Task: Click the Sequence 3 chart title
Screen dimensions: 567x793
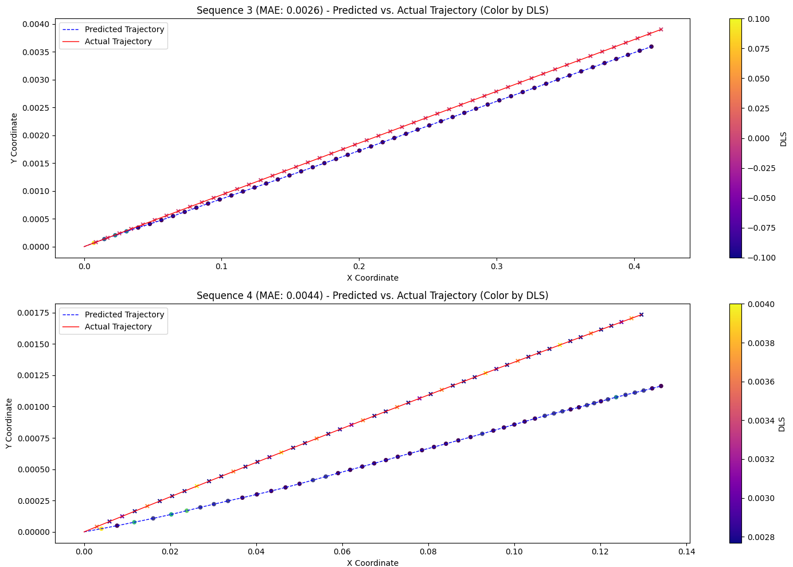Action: pyautogui.click(x=372, y=10)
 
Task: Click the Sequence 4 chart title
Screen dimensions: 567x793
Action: pyautogui.click(x=372, y=296)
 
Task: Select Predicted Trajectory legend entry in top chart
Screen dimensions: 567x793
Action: pyautogui.click(x=124, y=29)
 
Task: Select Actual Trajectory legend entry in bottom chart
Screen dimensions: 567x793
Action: pyautogui.click(x=118, y=327)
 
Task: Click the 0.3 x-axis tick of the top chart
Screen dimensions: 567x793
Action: pyautogui.click(x=497, y=267)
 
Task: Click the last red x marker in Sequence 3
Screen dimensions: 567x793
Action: pyautogui.click(x=661, y=29)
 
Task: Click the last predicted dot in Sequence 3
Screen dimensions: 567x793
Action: pyautogui.click(x=651, y=46)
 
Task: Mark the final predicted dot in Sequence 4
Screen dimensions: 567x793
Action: pyautogui.click(x=661, y=386)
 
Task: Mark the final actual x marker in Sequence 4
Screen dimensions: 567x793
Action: pyautogui.click(x=641, y=314)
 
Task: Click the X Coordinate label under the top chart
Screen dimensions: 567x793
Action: pyautogui.click(x=372, y=278)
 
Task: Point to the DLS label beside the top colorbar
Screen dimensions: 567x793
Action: pyautogui.click(x=783, y=138)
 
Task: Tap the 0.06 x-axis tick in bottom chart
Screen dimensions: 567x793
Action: pyautogui.click(x=342, y=552)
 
